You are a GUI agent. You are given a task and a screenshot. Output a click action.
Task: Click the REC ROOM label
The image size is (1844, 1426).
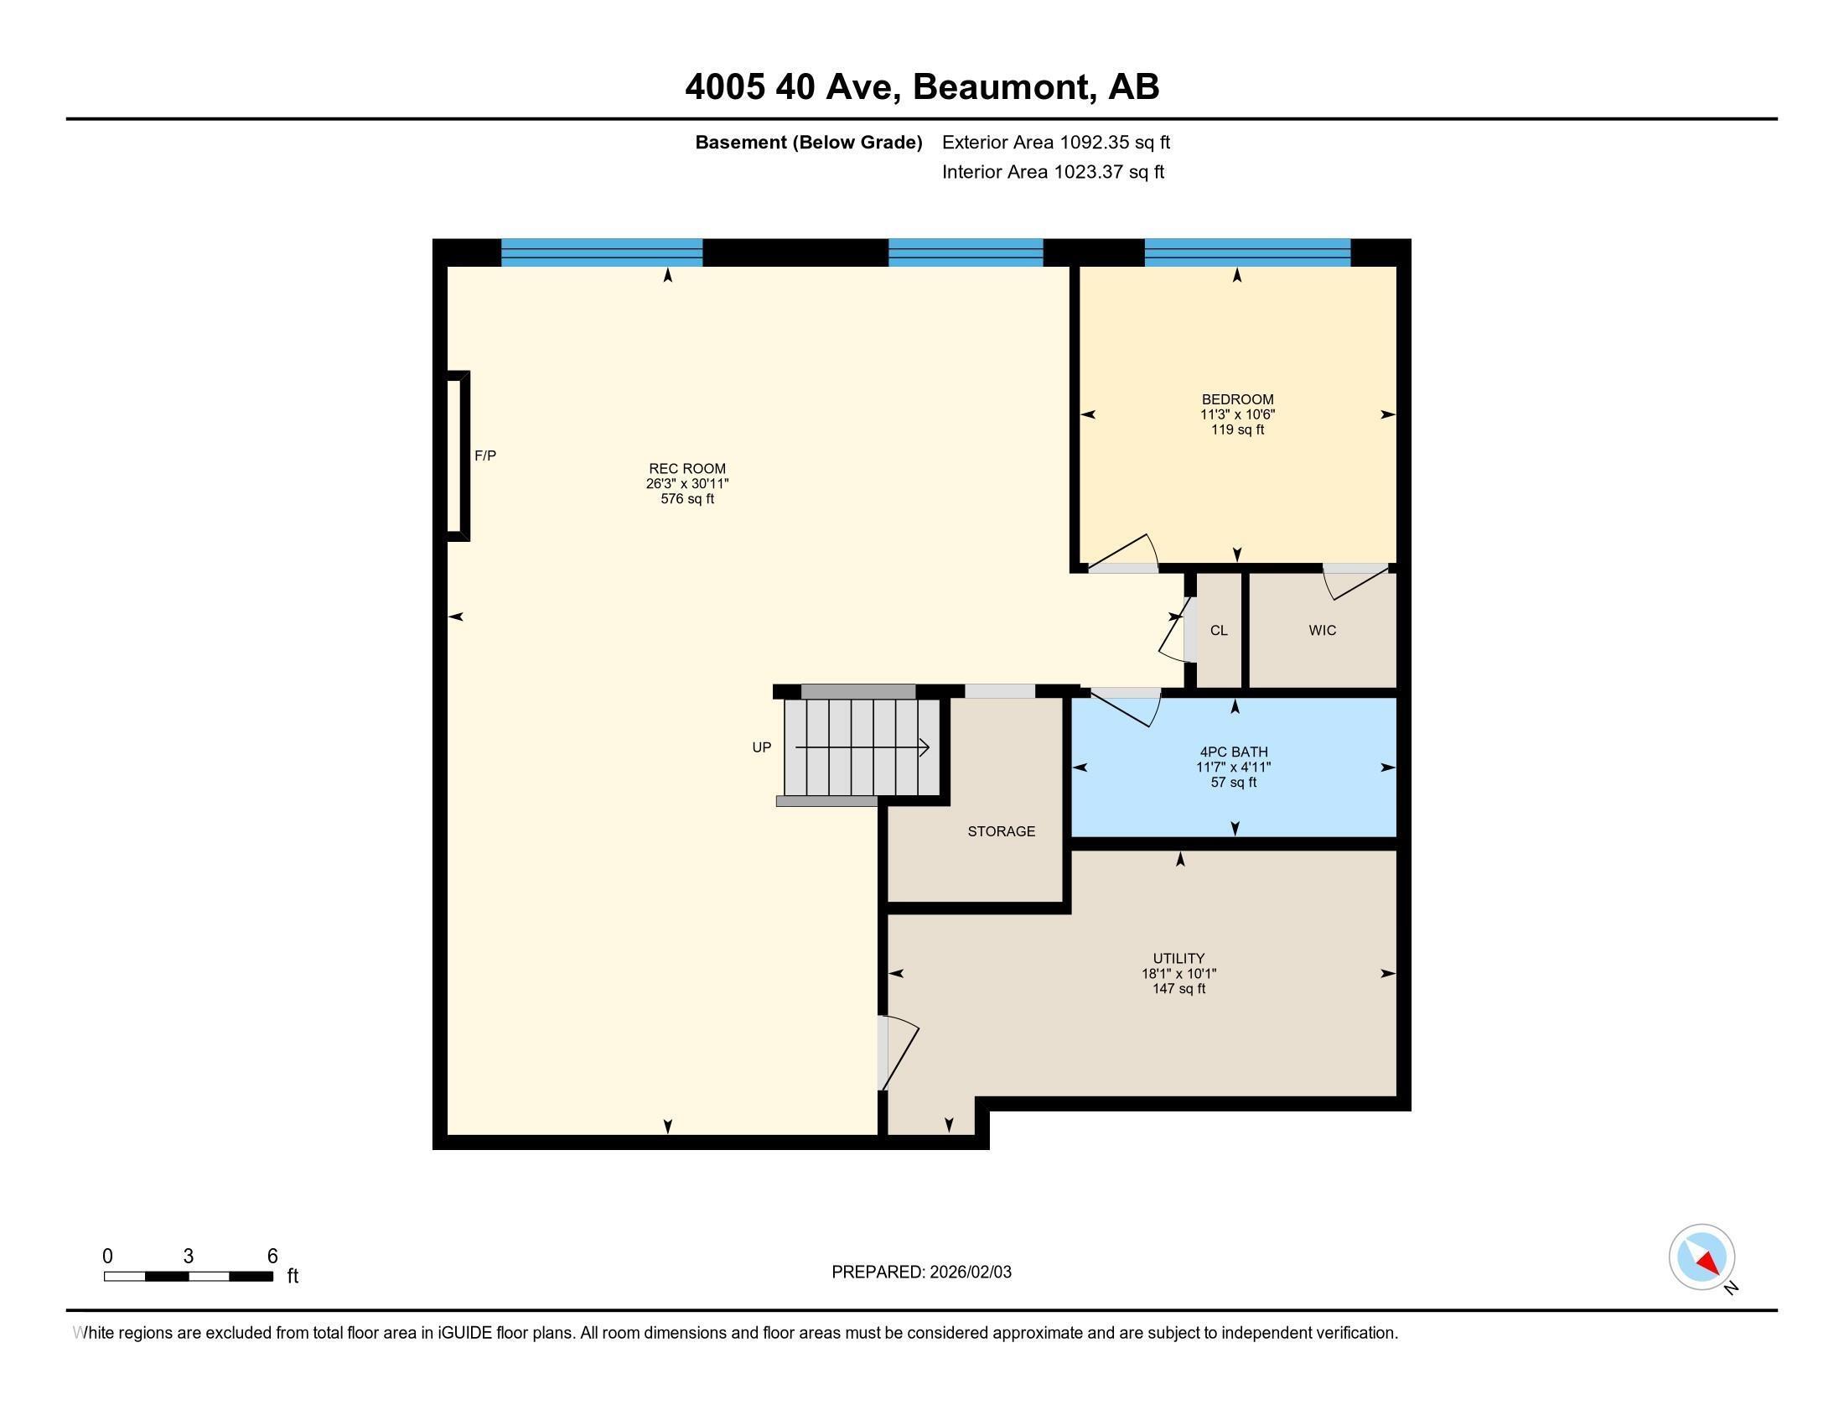pyautogui.click(x=686, y=468)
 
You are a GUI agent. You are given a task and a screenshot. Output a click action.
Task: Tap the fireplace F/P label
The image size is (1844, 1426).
pyautogui.click(x=484, y=455)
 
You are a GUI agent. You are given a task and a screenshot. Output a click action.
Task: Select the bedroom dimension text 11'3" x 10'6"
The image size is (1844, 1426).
pyautogui.click(x=1237, y=414)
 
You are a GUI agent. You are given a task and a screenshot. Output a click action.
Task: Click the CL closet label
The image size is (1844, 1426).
pyautogui.click(x=1219, y=630)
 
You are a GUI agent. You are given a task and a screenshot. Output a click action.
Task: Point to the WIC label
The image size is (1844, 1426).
pyautogui.click(x=1322, y=630)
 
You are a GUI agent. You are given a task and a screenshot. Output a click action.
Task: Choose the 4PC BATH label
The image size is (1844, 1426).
pyautogui.click(x=1234, y=752)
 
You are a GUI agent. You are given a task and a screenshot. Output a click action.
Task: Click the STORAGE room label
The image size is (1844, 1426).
pyautogui.click(x=1001, y=831)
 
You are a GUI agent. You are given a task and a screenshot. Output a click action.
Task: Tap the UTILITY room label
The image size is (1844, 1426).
pyautogui.click(x=1178, y=958)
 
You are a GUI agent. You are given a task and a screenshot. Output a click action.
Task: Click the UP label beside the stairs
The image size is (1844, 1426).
pyautogui.click(x=761, y=747)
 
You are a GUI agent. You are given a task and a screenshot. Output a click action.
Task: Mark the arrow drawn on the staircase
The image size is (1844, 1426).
pyautogui.click(x=862, y=747)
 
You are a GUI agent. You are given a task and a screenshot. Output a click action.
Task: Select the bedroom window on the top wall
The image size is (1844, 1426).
pyautogui.click(x=1247, y=252)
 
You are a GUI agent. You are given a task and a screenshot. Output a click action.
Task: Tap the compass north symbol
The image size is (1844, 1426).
pyautogui.click(x=1702, y=1257)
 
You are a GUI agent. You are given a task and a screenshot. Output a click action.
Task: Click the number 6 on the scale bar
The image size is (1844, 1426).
pyautogui.click(x=272, y=1257)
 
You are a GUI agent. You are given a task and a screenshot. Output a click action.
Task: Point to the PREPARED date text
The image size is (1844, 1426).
pyautogui.click(x=921, y=1272)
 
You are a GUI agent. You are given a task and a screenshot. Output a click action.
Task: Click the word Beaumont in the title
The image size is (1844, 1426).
pyautogui.click(x=1001, y=87)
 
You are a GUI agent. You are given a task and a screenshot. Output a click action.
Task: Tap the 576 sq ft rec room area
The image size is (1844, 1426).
pyautogui.click(x=686, y=499)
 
